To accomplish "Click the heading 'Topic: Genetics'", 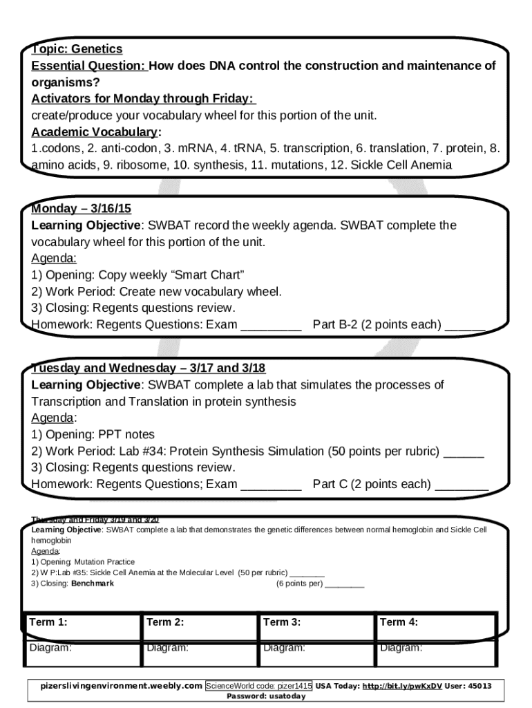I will point(77,48).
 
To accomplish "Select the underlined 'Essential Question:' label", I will point(88,66).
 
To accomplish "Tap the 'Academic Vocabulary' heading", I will point(95,131).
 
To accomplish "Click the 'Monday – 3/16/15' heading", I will point(81,208).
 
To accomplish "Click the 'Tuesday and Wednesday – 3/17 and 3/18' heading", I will point(148,367).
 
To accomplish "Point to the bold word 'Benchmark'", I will point(93,584).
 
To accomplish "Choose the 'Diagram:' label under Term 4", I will point(401,648).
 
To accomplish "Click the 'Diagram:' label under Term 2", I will point(167,648).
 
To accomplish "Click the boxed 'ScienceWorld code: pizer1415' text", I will point(258,686).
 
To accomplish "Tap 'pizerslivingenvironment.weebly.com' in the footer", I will point(122,686).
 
